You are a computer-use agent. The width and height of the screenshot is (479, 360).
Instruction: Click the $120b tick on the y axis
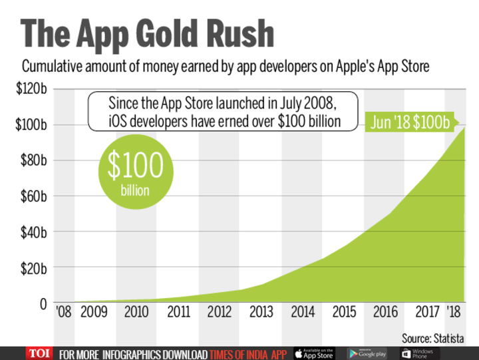[x=31, y=89]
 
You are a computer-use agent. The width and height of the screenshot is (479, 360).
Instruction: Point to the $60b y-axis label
[x=34, y=196]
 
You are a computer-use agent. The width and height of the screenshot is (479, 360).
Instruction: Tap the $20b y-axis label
[x=34, y=269]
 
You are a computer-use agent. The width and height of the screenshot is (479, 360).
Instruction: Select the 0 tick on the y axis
[x=43, y=304]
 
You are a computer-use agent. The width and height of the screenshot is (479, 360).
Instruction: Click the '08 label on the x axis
[x=64, y=312]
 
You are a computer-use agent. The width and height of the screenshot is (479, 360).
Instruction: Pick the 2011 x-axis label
[x=179, y=312]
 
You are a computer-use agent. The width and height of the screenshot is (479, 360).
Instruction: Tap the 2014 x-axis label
[x=303, y=312]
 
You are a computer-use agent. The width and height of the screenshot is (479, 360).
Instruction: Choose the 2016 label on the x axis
[x=385, y=312]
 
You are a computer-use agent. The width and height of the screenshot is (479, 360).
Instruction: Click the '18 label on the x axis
[x=453, y=312]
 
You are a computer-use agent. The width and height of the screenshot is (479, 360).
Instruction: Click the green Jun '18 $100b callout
[x=410, y=122]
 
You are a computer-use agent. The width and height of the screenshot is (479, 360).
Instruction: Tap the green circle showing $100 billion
[x=136, y=172]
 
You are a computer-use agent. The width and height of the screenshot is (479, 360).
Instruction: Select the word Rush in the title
[x=239, y=33]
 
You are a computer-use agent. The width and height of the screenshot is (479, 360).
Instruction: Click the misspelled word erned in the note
[x=259, y=121]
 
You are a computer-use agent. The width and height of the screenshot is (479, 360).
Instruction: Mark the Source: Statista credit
[x=432, y=339]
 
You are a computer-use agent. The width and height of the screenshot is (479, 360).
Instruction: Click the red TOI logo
[x=39, y=353]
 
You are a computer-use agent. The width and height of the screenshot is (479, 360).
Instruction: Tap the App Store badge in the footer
[x=315, y=353]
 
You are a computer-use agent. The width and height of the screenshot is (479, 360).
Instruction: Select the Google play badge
[x=367, y=353]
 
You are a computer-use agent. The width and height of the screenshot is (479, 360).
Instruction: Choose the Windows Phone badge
[x=420, y=353]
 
